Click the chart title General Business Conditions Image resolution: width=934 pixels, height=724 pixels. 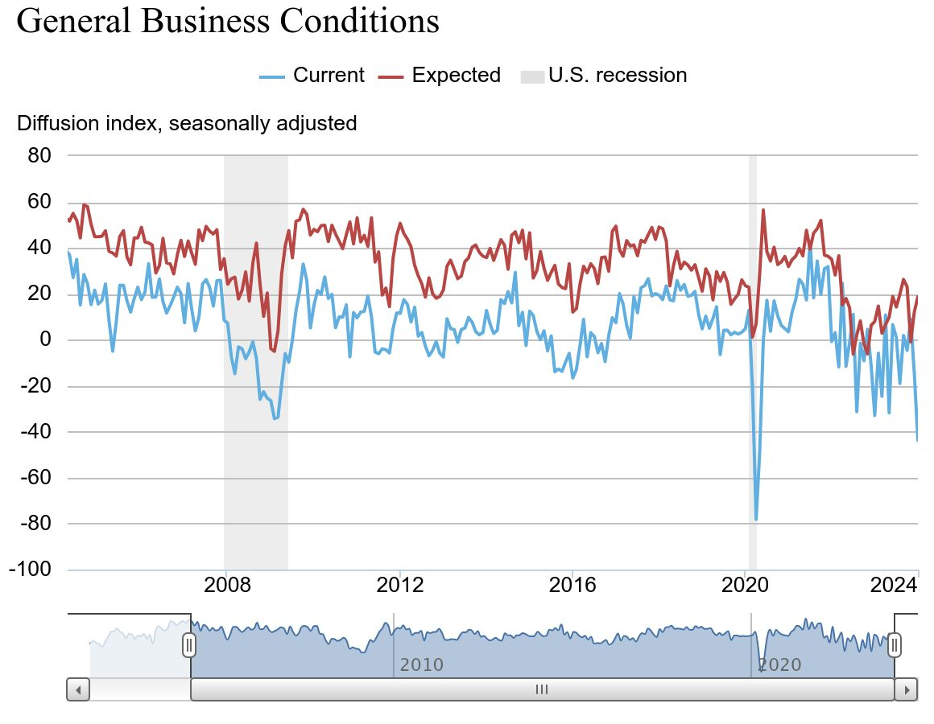tap(228, 20)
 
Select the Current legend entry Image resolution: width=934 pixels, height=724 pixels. tap(312, 76)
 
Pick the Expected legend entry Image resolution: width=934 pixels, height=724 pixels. tap(440, 76)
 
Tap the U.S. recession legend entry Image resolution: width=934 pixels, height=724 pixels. tap(604, 76)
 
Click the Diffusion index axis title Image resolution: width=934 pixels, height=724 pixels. tap(187, 123)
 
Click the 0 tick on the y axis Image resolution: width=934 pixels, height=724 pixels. tap(45, 339)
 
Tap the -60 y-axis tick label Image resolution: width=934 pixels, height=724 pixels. tap(35, 477)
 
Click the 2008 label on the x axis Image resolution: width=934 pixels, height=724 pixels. tap(228, 584)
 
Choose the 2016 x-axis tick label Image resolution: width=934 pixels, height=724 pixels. tap(572, 584)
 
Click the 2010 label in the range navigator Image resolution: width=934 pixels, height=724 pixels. tap(421, 665)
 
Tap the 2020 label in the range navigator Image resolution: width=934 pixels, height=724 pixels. tap(779, 665)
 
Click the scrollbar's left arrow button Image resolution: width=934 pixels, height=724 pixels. tap(78, 689)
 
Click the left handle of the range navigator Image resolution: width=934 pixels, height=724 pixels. tap(189, 644)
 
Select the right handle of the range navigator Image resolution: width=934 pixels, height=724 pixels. tap(894, 644)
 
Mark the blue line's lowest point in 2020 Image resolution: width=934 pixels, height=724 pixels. tap(756, 520)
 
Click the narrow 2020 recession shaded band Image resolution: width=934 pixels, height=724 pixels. tap(753, 362)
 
